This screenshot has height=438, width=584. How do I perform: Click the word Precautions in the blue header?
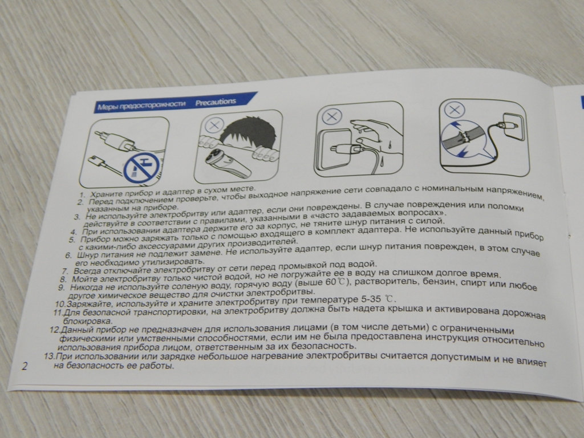[216, 102]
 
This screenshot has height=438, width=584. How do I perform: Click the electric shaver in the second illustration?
[228, 164]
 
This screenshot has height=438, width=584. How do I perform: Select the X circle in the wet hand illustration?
[331, 116]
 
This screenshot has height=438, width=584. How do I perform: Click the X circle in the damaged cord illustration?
[455, 110]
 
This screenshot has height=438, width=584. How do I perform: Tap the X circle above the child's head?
[214, 125]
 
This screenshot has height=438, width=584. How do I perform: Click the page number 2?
[25, 366]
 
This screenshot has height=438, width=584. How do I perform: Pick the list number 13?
[49, 356]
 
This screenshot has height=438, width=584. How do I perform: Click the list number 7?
[65, 271]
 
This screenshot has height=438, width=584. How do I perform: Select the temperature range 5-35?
[372, 299]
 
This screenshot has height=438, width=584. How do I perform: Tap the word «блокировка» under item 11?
[87, 321]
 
